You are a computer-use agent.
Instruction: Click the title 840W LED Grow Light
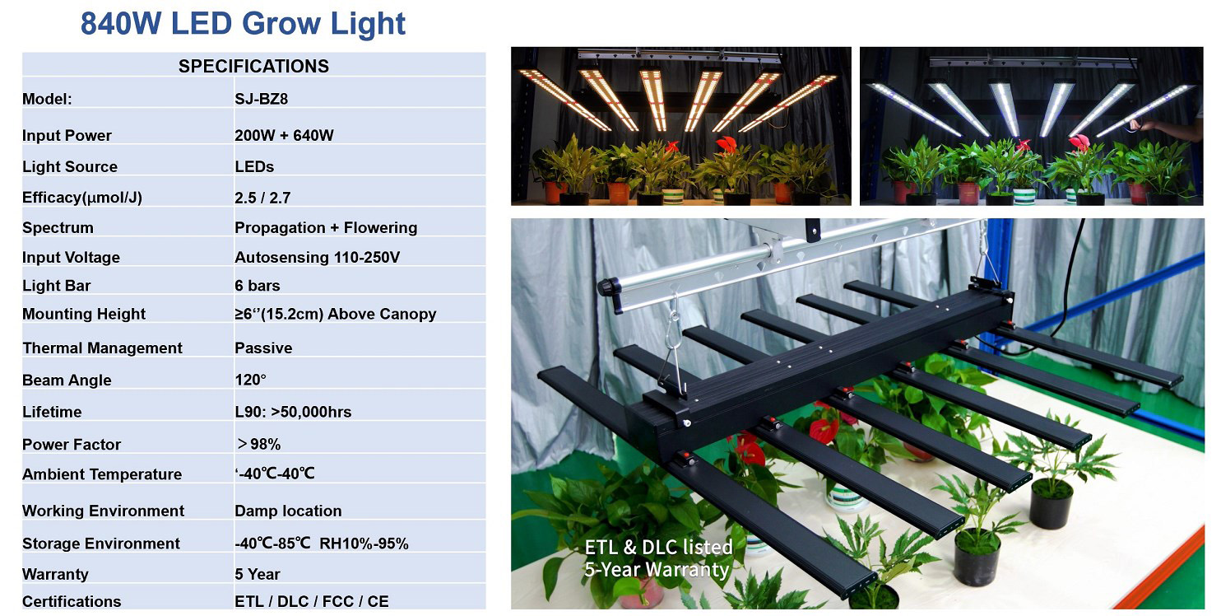[x=243, y=23]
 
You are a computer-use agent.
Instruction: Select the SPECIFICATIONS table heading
[x=253, y=66]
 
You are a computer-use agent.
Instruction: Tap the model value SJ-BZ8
[x=261, y=99]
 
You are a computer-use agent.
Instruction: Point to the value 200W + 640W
[x=284, y=135]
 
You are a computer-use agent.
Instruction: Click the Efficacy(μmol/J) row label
[x=81, y=197]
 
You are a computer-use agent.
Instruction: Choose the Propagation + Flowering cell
[x=326, y=227]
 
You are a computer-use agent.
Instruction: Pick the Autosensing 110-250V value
[x=318, y=258]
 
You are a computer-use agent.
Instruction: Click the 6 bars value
[x=258, y=286]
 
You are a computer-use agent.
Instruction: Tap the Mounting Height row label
[x=84, y=314]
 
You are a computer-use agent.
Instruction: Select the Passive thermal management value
[x=263, y=348]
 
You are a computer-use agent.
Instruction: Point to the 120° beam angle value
[x=250, y=380]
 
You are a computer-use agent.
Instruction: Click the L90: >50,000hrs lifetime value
[x=293, y=412]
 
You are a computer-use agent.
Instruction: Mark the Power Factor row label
[x=72, y=444]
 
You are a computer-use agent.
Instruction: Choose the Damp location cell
[x=288, y=511]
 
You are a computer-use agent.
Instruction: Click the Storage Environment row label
[x=101, y=544]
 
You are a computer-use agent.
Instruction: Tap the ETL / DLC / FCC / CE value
[x=312, y=601]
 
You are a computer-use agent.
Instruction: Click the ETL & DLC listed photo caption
[x=658, y=548]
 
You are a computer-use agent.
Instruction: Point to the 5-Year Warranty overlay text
[x=657, y=570]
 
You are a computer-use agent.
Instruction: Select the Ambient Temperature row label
[x=102, y=474]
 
